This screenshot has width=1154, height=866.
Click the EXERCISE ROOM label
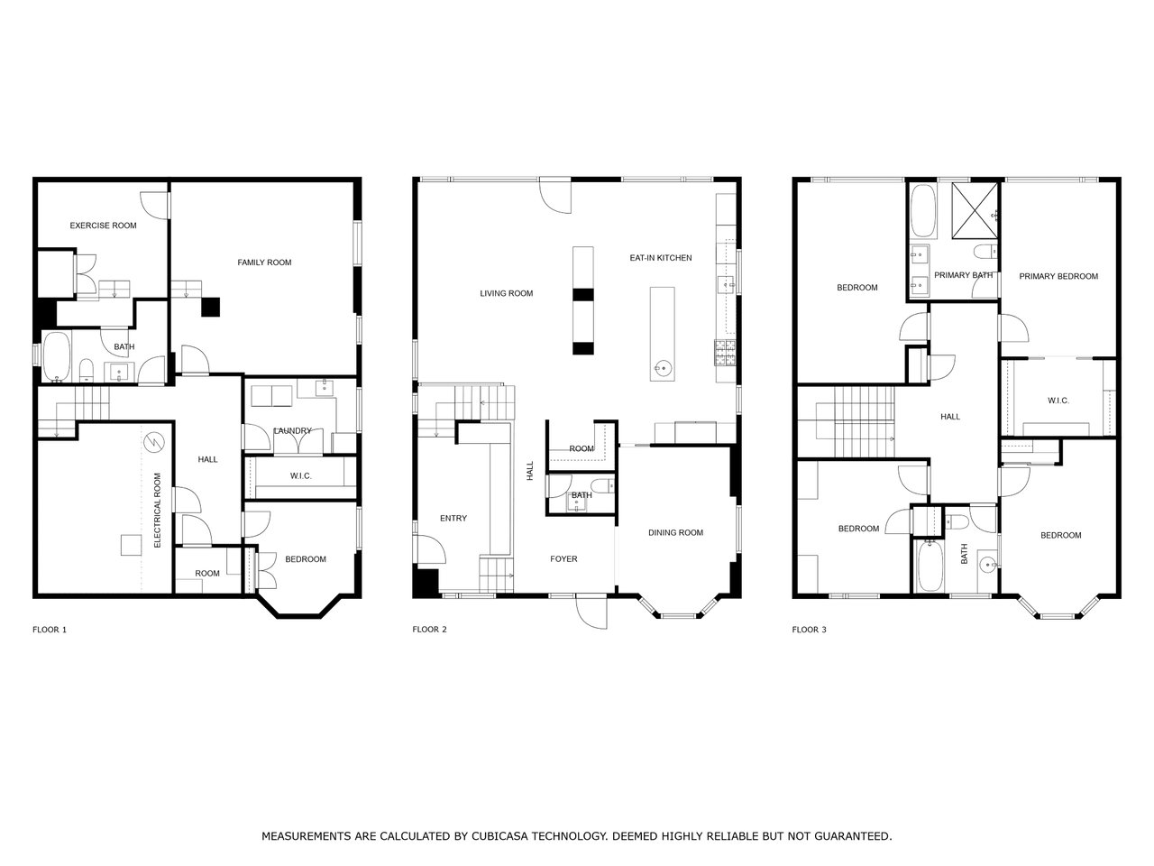(x=103, y=226)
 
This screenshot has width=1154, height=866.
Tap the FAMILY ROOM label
(x=264, y=263)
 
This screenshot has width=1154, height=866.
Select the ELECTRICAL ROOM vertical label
(x=157, y=510)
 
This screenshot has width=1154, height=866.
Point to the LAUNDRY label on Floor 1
(x=293, y=430)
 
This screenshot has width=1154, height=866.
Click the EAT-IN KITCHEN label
(x=660, y=258)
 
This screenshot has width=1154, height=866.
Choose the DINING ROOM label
(x=675, y=532)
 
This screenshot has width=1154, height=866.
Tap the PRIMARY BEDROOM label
(x=1058, y=276)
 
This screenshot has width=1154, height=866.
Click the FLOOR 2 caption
(x=429, y=630)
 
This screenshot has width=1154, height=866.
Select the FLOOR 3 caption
(x=809, y=630)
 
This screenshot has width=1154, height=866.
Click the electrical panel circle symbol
(x=156, y=441)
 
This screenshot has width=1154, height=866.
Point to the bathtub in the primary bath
(x=922, y=210)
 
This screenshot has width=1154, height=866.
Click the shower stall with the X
(x=975, y=210)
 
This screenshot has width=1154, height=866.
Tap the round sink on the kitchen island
(x=663, y=366)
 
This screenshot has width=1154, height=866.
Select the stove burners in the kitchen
(x=725, y=353)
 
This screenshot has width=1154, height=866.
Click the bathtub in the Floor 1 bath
(x=57, y=356)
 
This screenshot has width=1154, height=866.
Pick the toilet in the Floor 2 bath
(x=603, y=484)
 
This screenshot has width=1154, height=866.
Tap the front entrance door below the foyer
(x=591, y=612)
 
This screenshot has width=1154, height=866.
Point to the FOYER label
(x=563, y=559)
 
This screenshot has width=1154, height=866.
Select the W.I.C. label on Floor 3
(x=1058, y=401)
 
